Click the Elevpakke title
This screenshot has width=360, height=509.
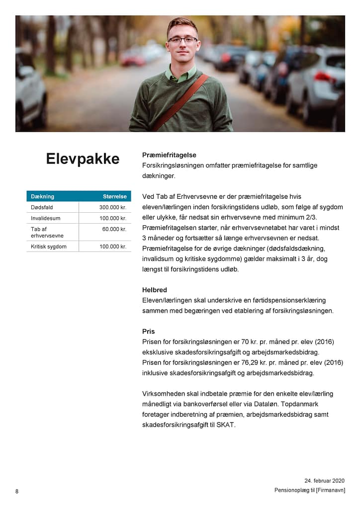tap(83, 159)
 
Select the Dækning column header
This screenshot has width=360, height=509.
tap(42, 196)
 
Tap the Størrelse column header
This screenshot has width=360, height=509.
tap(114, 196)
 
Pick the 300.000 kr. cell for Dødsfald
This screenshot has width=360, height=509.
tap(113, 207)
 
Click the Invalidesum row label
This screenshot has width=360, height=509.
tap(45, 218)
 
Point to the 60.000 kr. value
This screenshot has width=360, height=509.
tap(114, 229)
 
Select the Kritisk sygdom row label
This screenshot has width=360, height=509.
tap(49, 247)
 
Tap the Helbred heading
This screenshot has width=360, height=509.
tap(155, 290)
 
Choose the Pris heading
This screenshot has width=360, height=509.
tap(149, 332)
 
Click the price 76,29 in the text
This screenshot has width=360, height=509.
tap(263, 363)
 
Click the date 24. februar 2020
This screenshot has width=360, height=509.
tap(324, 481)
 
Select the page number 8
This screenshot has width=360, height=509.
tap(17, 492)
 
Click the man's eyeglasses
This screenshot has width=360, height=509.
tap(182, 40)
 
